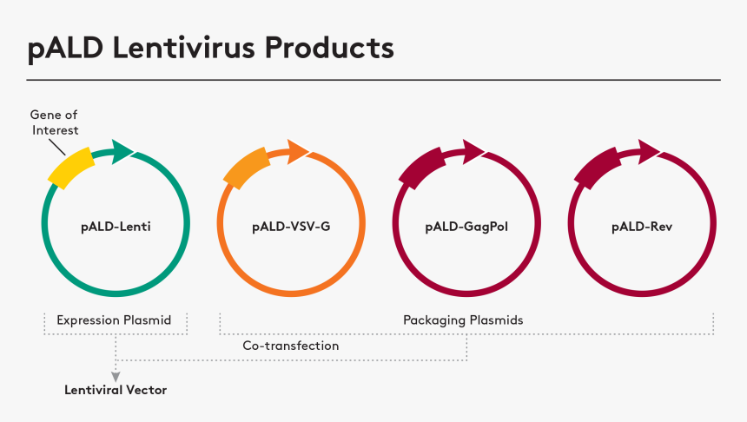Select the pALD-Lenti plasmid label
point(116,227)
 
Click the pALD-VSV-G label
point(291,227)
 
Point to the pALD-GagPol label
point(466,227)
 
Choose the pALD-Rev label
point(641,227)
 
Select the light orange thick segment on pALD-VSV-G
point(247,167)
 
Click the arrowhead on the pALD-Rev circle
point(648,152)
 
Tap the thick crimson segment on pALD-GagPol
point(421,166)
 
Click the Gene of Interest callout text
point(54,122)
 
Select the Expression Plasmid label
point(114,320)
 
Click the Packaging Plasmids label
point(463,320)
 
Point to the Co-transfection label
point(290,346)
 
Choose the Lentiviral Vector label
point(116,390)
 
